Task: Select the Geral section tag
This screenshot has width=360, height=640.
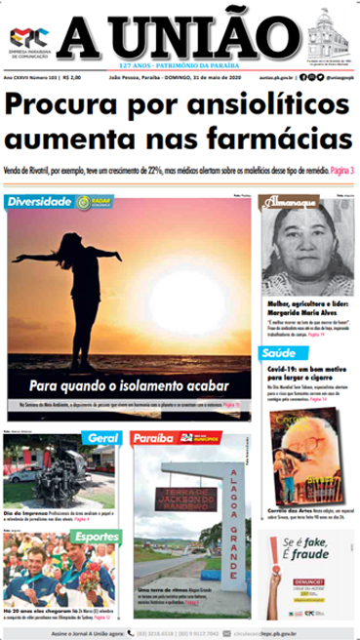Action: pos(102,437)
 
